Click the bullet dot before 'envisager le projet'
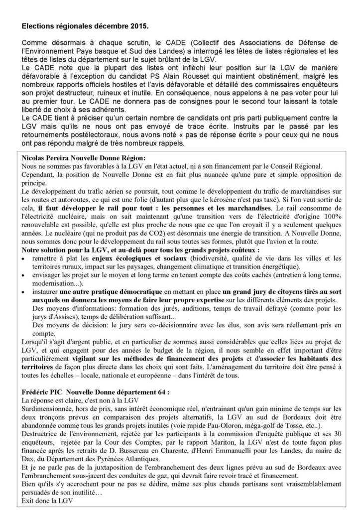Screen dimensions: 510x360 point(26,275)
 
